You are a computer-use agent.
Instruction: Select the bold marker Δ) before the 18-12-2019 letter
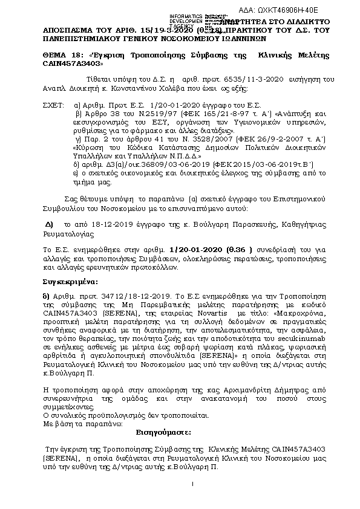tap(50, 223)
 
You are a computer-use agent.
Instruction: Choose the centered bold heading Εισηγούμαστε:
tap(158, 433)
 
